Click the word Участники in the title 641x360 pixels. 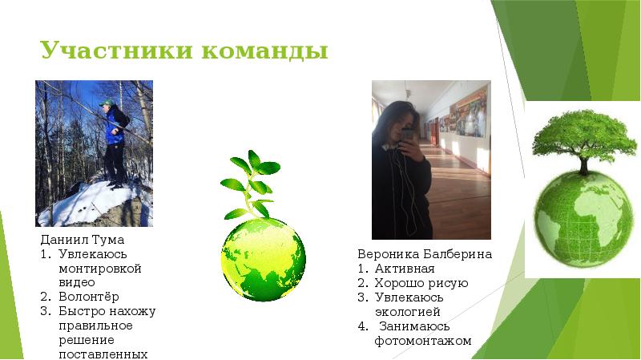click(115, 51)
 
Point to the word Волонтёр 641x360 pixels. click(89, 297)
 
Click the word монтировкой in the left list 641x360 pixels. click(100, 269)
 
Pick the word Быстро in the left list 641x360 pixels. click(83, 311)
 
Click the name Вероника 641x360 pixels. click(389, 254)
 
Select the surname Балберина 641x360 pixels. click(458, 254)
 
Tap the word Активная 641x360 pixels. click(405, 269)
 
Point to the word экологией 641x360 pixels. click(408, 312)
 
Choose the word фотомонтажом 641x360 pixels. click(423, 341)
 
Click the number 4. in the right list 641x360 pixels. click(363, 326)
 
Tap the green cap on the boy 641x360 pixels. click(107, 103)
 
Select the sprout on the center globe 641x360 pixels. click(251, 184)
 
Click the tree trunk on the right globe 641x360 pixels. click(584, 165)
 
